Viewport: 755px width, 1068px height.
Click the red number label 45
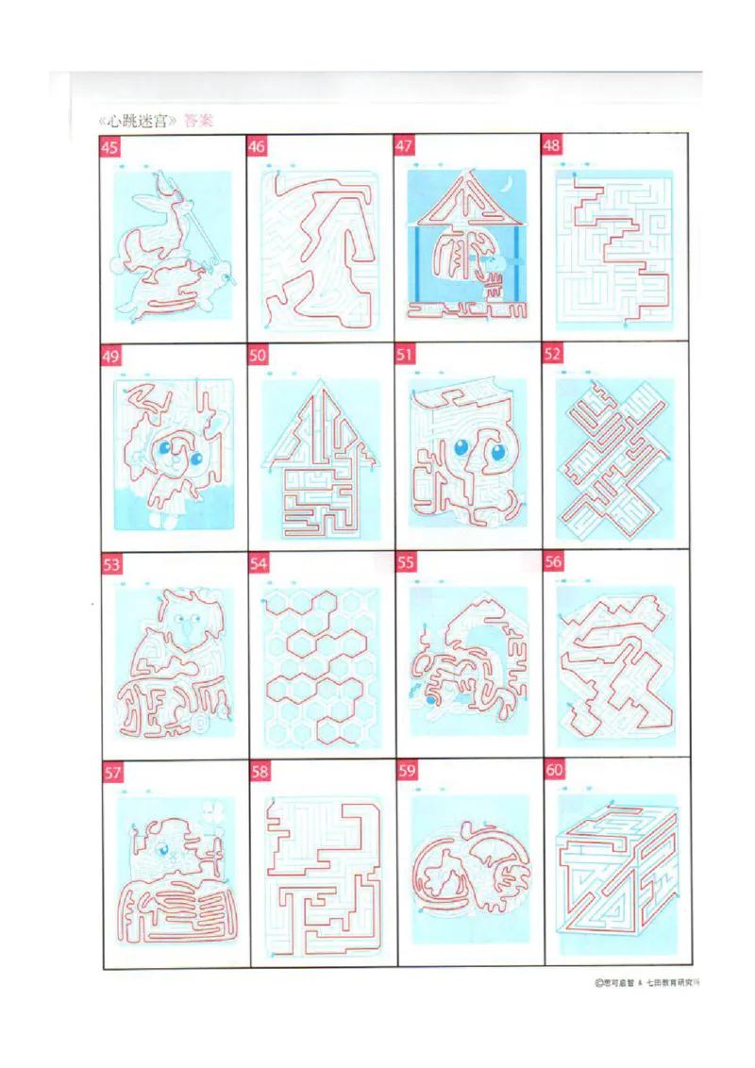click(110, 147)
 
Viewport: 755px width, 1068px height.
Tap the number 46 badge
click(257, 146)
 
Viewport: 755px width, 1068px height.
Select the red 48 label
click(552, 145)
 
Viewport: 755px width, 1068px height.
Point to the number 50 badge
click(258, 355)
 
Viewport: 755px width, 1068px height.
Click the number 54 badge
click(259, 563)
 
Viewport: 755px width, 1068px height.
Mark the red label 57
click(112, 774)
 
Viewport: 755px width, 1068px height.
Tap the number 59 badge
click(407, 772)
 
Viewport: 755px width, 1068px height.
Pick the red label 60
click(554, 771)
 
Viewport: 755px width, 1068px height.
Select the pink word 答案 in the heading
click(198, 121)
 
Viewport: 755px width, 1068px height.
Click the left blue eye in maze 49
click(166, 451)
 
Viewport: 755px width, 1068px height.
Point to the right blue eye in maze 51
click(496, 454)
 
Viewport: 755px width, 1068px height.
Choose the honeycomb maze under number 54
click(320, 665)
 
